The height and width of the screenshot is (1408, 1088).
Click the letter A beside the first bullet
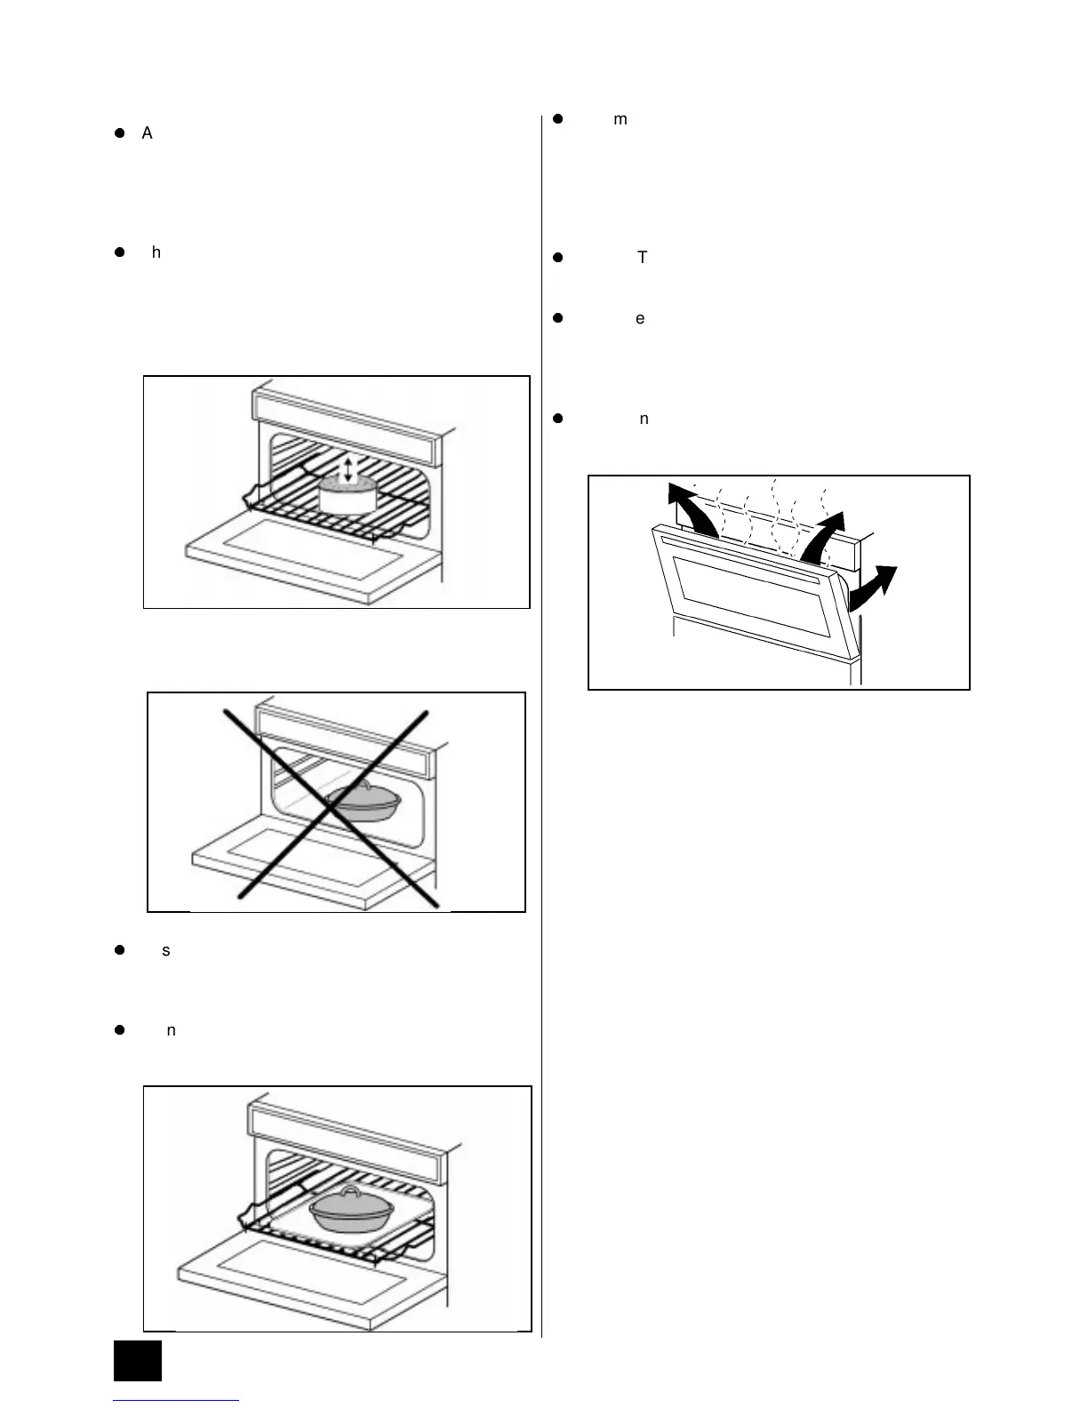(x=147, y=133)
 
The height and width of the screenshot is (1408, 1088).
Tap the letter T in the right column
(x=643, y=258)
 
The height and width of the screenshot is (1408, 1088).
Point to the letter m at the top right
(x=620, y=120)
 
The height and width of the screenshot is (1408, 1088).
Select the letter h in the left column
(x=156, y=252)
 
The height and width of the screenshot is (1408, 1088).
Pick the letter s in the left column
(x=166, y=951)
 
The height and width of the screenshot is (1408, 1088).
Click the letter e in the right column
(x=640, y=318)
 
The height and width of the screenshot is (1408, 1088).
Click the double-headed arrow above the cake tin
(x=348, y=470)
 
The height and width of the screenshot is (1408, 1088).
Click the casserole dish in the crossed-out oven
(x=364, y=802)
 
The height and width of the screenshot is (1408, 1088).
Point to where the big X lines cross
(x=332, y=806)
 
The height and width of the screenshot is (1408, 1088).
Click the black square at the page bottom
(x=138, y=1360)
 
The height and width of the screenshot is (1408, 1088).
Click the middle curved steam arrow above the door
(x=825, y=533)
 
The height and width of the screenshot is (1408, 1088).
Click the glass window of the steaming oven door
(x=751, y=594)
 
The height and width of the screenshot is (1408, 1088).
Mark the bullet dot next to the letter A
(x=118, y=133)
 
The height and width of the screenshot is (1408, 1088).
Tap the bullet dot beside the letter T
(x=558, y=258)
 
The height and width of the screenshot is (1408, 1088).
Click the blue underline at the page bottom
(x=176, y=1401)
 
